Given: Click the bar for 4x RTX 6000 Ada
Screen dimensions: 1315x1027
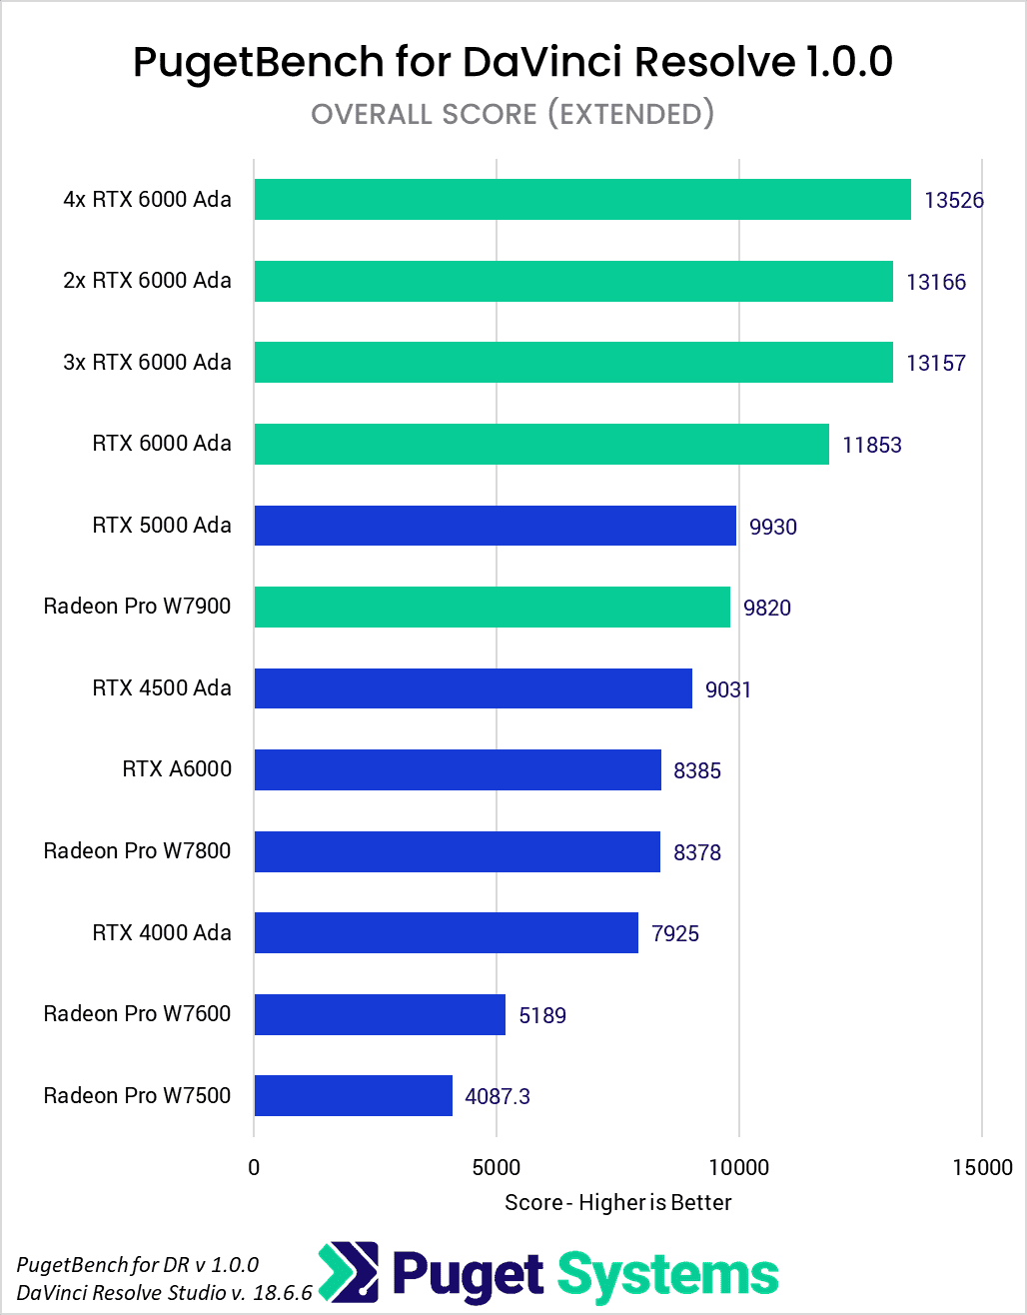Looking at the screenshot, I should click(x=582, y=199).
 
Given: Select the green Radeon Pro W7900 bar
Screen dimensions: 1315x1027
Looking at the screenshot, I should click(x=492, y=607).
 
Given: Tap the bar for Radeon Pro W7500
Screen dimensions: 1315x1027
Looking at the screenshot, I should click(x=354, y=1095).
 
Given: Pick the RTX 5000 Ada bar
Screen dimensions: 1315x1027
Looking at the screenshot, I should click(x=495, y=526).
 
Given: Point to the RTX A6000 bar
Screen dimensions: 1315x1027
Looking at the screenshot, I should click(x=458, y=769).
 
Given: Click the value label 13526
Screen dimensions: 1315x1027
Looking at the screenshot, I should click(x=954, y=200).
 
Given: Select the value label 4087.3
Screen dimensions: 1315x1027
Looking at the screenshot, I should click(x=498, y=1096).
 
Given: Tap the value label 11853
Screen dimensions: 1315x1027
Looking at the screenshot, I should click(x=872, y=445).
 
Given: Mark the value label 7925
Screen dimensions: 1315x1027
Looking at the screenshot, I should click(x=675, y=934).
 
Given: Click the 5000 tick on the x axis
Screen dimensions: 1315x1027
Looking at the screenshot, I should click(x=497, y=1167).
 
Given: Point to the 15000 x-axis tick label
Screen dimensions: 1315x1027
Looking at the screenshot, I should click(x=981, y=1167).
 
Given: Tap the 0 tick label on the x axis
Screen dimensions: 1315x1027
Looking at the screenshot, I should click(x=254, y=1167).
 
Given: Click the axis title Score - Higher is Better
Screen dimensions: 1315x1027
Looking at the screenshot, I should click(x=618, y=1202).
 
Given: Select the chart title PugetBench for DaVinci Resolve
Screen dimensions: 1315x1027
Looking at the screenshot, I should click(x=513, y=62).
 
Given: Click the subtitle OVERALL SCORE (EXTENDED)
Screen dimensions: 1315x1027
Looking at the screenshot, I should click(x=513, y=114).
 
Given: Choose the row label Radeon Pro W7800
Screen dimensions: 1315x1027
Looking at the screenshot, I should click(x=137, y=850).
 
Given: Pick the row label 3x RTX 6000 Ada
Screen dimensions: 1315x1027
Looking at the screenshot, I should click(x=147, y=362).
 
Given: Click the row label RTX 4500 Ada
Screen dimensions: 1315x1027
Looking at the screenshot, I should click(x=162, y=687).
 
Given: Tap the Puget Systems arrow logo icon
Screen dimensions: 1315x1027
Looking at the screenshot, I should click(x=349, y=1274).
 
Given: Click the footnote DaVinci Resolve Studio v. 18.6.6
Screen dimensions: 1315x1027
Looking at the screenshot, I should click(x=165, y=1293).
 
